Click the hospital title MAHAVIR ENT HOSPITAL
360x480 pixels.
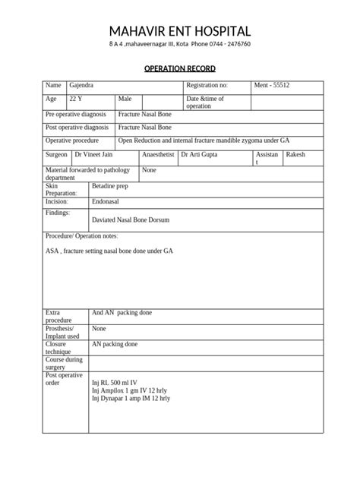coord(179,30)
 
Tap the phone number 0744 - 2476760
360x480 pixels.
coord(226,45)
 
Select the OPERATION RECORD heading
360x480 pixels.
coord(179,69)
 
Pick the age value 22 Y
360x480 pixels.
coord(77,99)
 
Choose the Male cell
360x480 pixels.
coord(125,99)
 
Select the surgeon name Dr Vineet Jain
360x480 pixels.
coord(93,154)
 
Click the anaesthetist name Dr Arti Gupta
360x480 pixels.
coord(200,154)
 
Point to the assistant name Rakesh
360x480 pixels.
coord(296,154)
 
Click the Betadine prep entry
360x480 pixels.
coord(110,185)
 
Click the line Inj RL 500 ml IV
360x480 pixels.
coord(114,383)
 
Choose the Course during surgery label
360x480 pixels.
coord(64,362)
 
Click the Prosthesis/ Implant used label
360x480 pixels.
coord(63,332)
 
